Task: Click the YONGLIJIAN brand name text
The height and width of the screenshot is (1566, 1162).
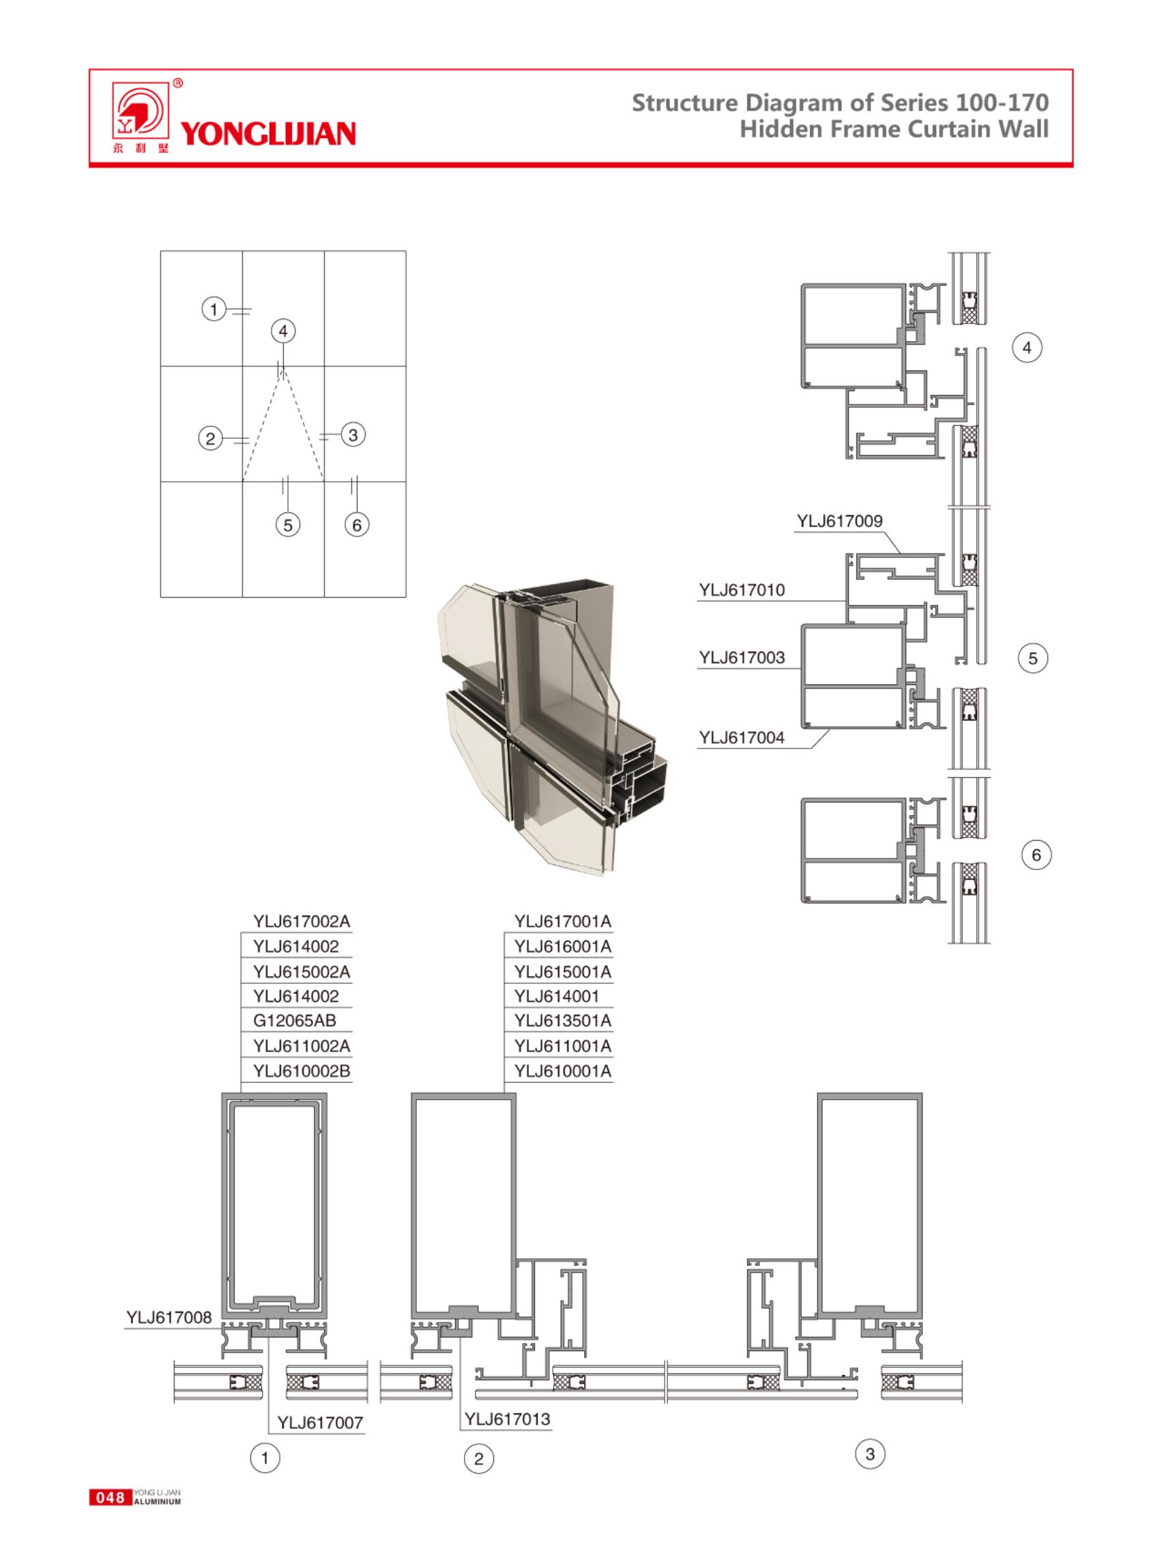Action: coord(268,133)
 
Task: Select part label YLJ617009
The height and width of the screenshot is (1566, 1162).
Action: coord(839,521)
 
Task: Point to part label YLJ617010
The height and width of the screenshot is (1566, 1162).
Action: coord(742,590)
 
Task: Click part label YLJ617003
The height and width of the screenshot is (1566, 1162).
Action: coord(742,658)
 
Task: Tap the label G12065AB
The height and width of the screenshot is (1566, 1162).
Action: coord(295,1020)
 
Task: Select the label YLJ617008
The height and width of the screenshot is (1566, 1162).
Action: coord(169,1317)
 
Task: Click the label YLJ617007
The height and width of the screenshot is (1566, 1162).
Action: coord(320,1423)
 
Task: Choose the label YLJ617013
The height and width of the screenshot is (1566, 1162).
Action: coord(507,1419)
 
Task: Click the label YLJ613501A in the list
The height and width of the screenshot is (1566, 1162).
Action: coord(563,1020)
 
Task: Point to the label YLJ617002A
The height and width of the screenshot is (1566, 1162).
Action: coord(302,921)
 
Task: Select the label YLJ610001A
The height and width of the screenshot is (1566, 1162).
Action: coord(563,1071)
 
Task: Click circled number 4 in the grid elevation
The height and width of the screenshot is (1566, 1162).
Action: coord(283,332)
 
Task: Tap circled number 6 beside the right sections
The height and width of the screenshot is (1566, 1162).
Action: coord(1035,856)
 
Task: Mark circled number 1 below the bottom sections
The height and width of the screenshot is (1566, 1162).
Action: coord(265,1458)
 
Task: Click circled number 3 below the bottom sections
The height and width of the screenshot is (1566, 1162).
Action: coord(870,1453)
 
